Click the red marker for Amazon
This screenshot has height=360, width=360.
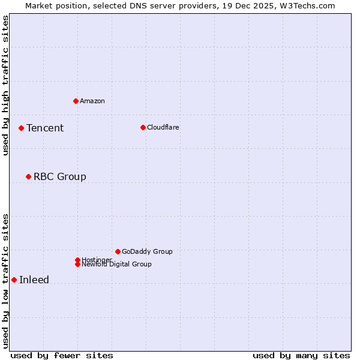pyautogui.click(x=76, y=101)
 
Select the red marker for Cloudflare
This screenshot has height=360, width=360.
pyautogui.click(x=143, y=127)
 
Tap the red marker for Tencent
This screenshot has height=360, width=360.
pyautogui.click(x=21, y=128)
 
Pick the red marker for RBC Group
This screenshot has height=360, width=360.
pyautogui.click(x=28, y=176)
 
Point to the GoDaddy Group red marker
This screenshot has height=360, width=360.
pyautogui.click(x=118, y=251)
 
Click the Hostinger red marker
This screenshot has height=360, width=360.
pyautogui.click(x=77, y=260)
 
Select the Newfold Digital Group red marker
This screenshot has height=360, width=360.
pyautogui.click(x=77, y=264)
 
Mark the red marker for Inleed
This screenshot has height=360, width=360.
pyautogui.click(x=14, y=280)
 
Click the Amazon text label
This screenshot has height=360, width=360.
pyautogui.click(x=92, y=101)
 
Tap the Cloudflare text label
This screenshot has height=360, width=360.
pyautogui.click(x=163, y=127)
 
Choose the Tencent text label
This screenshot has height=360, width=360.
pyautogui.click(x=45, y=128)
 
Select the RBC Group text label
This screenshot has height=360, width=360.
pyautogui.click(x=60, y=176)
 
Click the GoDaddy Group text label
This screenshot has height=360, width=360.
pyautogui.click(x=147, y=251)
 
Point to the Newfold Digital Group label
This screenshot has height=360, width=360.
pyautogui.click(x=116, y=265)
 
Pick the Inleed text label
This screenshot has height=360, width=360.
pyautogui.click(x=34, y=280)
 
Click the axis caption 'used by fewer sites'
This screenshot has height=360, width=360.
pyautogui.click(x=62, y=355)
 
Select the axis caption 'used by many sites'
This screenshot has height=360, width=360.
pyautogui.click(x=301, y=355)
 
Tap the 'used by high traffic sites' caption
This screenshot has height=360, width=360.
pyautogui.click(x=5, y=85)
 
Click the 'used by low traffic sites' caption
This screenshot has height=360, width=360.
pyautogui.click(x=5, y=280)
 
